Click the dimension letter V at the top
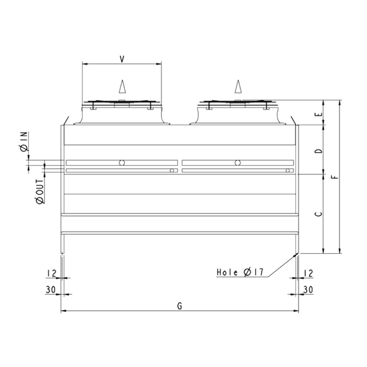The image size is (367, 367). pos(122,58)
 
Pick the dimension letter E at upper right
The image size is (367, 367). pos(315,114)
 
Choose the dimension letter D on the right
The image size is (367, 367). pos(315,150)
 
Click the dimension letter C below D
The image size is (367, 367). pos(315,213)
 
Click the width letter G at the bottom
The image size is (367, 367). pos(180,305)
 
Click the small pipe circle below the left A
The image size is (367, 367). pos(122,163)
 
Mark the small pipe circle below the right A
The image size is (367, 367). pos(237,163)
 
